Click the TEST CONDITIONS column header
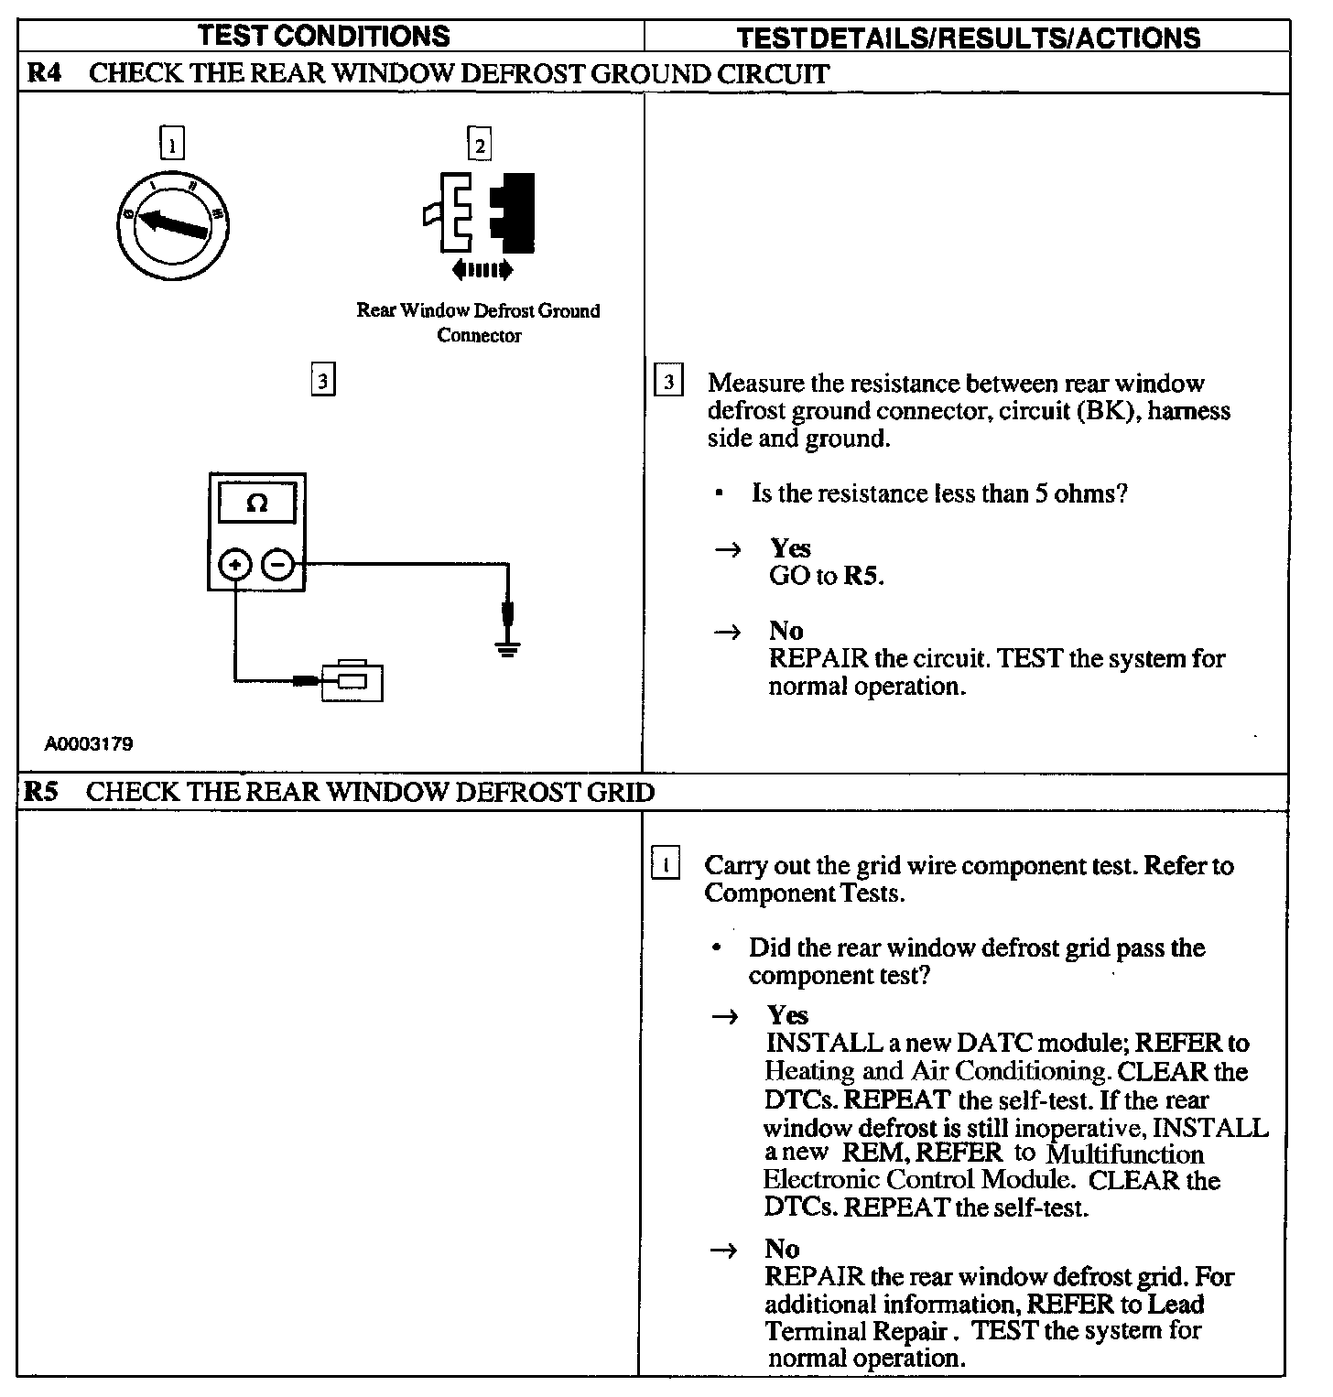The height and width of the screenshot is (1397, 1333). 324,36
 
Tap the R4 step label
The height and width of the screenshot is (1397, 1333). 44,73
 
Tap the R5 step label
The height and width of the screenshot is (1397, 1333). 41,792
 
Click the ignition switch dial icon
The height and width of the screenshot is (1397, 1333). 172,222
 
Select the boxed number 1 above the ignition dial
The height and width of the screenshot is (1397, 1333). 171,144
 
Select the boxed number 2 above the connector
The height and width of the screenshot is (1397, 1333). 478,144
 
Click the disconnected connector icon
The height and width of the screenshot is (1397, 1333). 479,213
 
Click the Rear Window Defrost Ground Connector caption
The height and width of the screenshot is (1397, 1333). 478,322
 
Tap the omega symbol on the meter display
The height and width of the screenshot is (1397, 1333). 257,504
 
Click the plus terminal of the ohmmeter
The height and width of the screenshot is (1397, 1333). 235,565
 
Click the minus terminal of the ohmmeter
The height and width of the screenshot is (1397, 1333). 278,565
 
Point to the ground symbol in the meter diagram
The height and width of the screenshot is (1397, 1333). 507,648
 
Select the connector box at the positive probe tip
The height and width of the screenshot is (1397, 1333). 352,681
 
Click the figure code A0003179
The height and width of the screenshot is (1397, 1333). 89,743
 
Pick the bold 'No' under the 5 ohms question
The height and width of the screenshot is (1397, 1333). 786,631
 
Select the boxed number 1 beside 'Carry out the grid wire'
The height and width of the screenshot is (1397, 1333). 666,864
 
